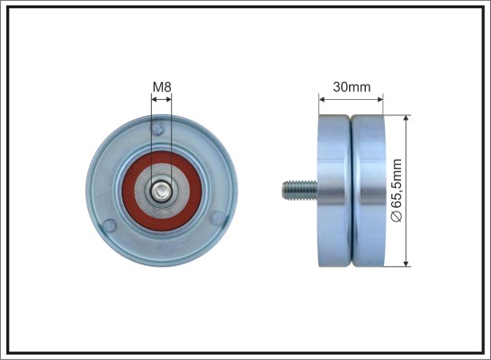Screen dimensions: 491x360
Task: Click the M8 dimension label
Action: click(x=162, y=86)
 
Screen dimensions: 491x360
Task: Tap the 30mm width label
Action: click(x=352, y=86)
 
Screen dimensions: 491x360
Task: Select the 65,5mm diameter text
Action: click(x=397, y=184)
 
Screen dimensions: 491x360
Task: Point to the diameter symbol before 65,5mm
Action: click(x=397, y=216)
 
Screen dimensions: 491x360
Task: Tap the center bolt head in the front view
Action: click(x=162, y=192)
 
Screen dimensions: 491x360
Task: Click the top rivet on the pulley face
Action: click(x=157, y=128)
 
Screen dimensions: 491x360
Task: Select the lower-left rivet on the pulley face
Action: click(x=110, y=225)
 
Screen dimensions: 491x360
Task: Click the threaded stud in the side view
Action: click(x=299, y=190)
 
